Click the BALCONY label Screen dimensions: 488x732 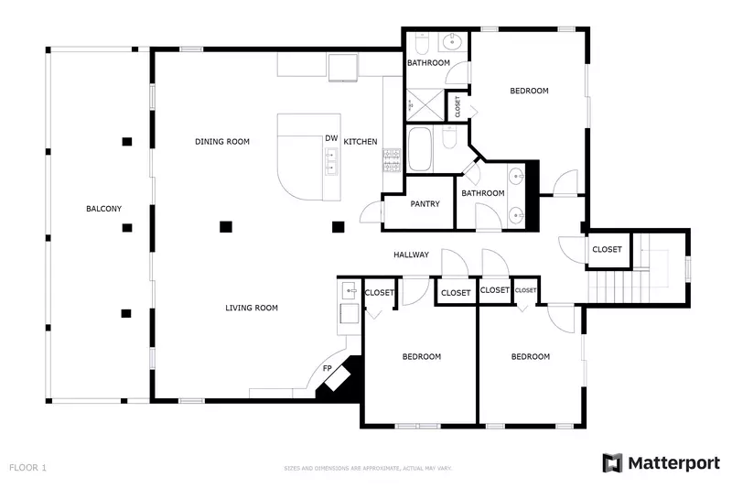click(x=103, y=209)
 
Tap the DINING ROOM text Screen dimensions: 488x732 click(x=222, y=141)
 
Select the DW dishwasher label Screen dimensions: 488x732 click(x=330, y=139)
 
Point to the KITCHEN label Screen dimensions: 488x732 click(x=361, y=141)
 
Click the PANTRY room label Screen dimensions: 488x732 click(x=425, y=204)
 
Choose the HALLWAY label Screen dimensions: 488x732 click(x=411, y=255)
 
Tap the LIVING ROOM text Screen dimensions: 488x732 click(x=252, y=308)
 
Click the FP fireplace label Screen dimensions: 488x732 click(x=327, y=368)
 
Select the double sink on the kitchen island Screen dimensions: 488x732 click(x=330, y=162)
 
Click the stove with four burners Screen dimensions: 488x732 click(x=391, y=161)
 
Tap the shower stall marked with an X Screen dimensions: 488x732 click(x=423, y=103)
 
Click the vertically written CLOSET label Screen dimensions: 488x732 click(x=457, y=106)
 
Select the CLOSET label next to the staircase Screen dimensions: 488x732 click(x=607, y=249)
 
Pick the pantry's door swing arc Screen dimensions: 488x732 click(x=371, y=212)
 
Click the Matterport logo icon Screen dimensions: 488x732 click(x=612, y=463)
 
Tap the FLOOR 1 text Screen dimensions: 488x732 click(x=27, y=467)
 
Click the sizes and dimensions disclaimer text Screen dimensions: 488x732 click(x=367, y=468)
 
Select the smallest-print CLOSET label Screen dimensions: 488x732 click(x=525, y=290)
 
